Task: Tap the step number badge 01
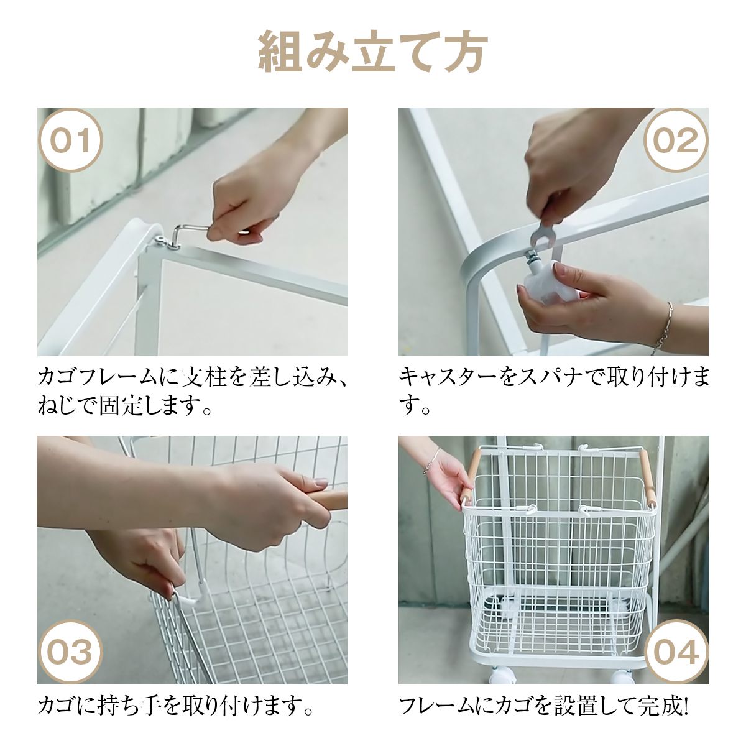coord(70,140)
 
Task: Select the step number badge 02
coord(676,140)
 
